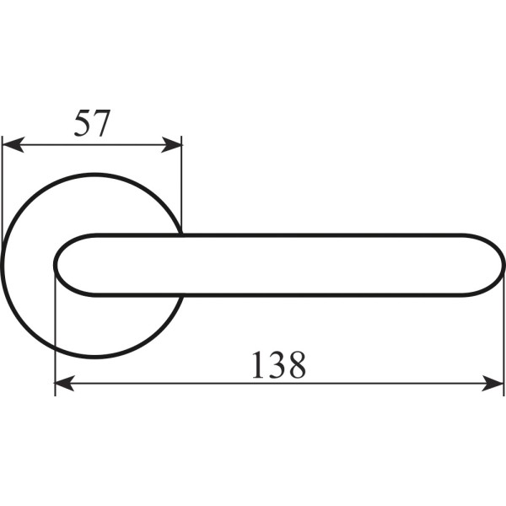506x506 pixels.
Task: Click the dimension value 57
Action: pyautogui.click(x=92, y=123)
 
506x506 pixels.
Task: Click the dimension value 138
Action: pyautogui.click(x=278, y=364)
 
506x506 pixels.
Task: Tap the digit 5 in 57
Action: pyautogui.click(x=83, y=123)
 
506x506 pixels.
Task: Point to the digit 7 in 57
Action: pyautogui.click(x=102, y=124)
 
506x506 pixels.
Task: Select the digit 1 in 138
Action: pyautogui.click(x=258, y=364)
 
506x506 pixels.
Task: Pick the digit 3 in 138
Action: pyautogui.click(x=277, y=364)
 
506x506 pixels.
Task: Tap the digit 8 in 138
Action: pyautogui.click(x=297, y=364)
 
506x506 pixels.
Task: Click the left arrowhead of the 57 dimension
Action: pyautogui.click(x=13, y=144)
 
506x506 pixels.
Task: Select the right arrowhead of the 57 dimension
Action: pyautogui.click(x=171, y=144)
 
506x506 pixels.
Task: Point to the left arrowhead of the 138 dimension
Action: pyautogui.click(x=65, y=384)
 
